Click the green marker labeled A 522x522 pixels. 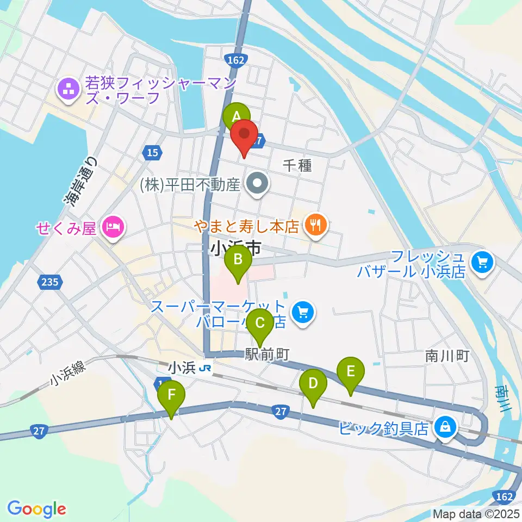pyautogui.click(x=236, y=116)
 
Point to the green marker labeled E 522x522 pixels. pyautogui.click(x=351, y=372)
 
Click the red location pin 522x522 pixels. pyautogui.click(x=244, y=134)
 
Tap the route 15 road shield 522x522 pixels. pyautogui.click(x=153, y=153)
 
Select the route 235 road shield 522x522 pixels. pyautogui.click(x=49, y=282)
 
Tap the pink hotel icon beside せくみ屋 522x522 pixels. pyautogui.click(x=113, y=227)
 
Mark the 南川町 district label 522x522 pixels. pyautogui.click(x=446, y=356)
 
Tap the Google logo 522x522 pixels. pyautogui.click(x=36, y=509)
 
